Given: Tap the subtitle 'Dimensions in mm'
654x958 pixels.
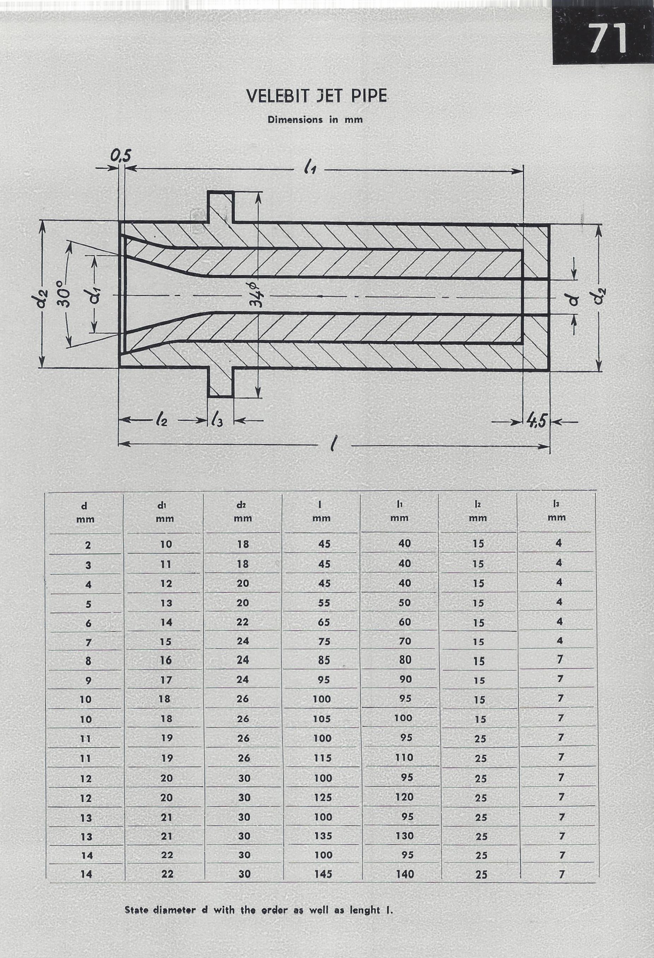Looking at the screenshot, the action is (315, 119).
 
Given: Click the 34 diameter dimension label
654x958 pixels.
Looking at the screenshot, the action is (256, 294).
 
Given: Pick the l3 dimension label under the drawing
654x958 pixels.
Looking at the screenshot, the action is (217, 420).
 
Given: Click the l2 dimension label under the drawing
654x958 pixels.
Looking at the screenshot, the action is (161, 420).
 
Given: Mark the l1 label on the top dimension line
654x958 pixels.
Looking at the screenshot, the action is (310, 167).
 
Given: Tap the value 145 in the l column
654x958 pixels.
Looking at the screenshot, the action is (323, 874).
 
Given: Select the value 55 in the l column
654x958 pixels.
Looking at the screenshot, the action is (324, 603).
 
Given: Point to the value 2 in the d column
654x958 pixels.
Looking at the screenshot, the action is (88, 545).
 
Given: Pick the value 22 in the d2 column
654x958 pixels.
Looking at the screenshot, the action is (242, 622).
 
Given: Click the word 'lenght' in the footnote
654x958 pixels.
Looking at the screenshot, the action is (365, 911).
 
